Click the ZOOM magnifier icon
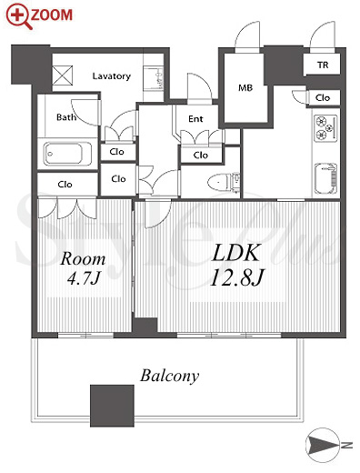[19, 16]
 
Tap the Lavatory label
[112, 75]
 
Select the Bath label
[66, 117]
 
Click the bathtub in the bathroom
[67, 154]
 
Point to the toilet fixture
[224, 183]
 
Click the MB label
[245, 88]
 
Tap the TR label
[323, 65]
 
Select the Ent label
[195, 119]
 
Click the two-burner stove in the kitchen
[325, 128]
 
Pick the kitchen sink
[325, 179]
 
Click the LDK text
[236, 253]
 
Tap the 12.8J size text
[237, 277]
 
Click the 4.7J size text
[83, 277]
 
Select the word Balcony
[170, 376]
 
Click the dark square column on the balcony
[112, 406]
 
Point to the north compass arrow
[322, 445]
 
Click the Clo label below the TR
[323, 97]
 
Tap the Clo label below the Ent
[201, 156]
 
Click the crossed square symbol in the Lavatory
[63, 75]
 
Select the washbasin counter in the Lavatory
[154, 79]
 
